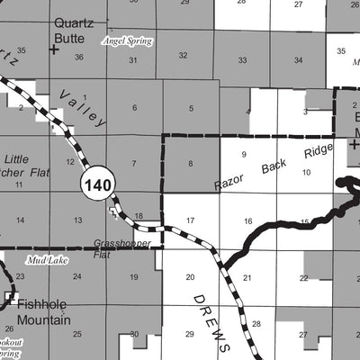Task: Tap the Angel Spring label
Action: tap(127, 41)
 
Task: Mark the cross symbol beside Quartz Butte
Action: tap(54, 50)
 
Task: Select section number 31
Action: tap(134, 60)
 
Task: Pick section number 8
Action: tap(190, 164)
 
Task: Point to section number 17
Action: tap(190, 220)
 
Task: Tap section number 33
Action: tap(243, 60)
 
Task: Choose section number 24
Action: tap(78, 277)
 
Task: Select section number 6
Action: tap(134, 109)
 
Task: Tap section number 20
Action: tap(190, 278)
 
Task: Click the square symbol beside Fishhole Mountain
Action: tap(12, 296)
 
